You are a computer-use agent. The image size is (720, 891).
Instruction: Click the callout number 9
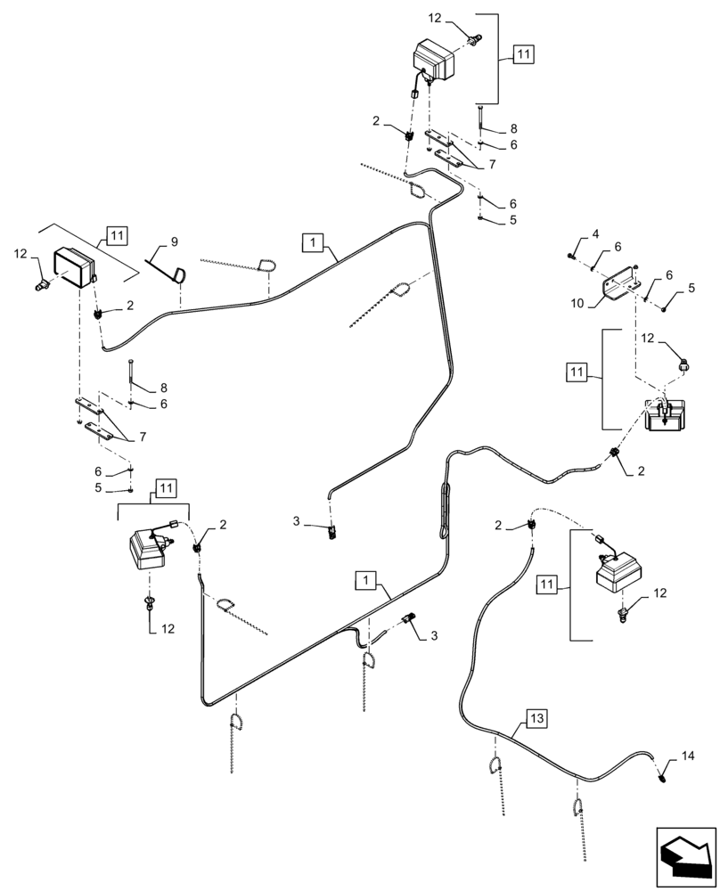pyautogui.click(x=174, y=241)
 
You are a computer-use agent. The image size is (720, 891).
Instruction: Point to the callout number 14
pyautogui.click(x=686, y=756)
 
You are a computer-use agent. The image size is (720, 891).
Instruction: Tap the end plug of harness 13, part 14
pyautogui.click(x=664, y=778)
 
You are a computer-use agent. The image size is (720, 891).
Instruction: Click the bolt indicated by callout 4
pyautogui.click(x=569, y=257)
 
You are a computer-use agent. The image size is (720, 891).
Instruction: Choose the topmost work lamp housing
pyautogui.click(x=433, y=63)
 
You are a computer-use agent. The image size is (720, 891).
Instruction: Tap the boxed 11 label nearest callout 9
pyautogui.click(x=117, y=235)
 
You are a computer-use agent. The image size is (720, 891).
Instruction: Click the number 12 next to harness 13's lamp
pyautogui.click(x=659, y=592)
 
